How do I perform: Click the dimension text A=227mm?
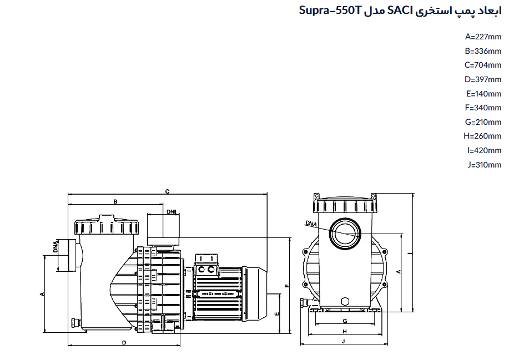[483, 37]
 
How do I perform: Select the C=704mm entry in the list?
[483, 65]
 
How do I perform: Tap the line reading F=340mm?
[483, 108]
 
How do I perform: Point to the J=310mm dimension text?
[485, 164]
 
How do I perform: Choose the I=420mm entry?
[485, 150]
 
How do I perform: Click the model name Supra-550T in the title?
[330, 11]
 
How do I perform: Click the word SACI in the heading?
[400, 11]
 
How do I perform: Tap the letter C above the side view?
[167, 191]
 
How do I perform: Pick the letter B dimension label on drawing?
[115, 202]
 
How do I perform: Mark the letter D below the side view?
[124, 343]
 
